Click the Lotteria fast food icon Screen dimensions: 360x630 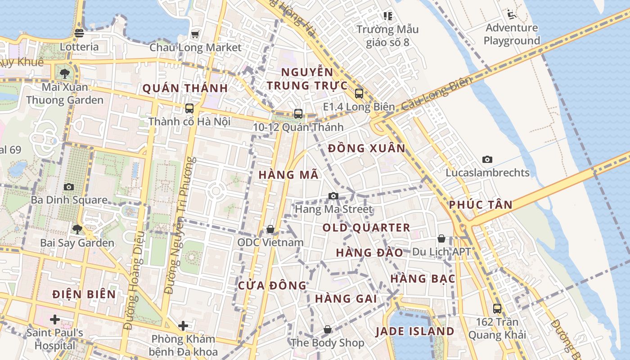point(79,33)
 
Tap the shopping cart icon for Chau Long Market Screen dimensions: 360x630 point(195,34)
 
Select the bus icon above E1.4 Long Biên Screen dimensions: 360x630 point(359,94)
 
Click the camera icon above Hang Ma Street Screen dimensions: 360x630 point(333,196)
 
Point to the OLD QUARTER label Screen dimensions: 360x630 point(366,228)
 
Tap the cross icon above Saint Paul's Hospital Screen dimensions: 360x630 point(55,319)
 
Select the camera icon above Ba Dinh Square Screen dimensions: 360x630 point(69,187)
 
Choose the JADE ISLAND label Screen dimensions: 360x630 point(415,332)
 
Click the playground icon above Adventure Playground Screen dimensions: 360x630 point(511,14)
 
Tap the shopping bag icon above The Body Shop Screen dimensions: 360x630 point(328,329)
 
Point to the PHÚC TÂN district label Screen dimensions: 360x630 point(481,205)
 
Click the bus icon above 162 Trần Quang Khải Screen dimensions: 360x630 point(497,309)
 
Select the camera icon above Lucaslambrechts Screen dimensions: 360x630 point(487,159)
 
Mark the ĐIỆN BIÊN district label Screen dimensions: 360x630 point(84,295)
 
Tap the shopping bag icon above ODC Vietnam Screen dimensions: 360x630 point(270,229)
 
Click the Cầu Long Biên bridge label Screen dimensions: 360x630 point(436,94)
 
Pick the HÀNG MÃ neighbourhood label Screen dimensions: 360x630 point(288,175)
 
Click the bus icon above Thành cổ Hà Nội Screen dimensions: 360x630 point(189,108)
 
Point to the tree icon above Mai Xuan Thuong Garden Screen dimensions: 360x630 point(65,73)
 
